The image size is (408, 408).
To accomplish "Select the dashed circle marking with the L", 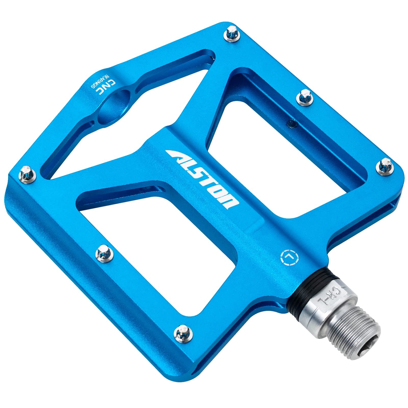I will [289, 257].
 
